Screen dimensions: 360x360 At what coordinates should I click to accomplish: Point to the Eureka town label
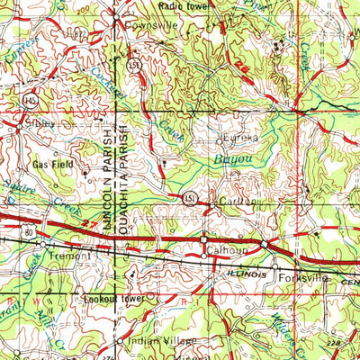coord(238,139)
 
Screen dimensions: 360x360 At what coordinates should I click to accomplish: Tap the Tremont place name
coord(73,256)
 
